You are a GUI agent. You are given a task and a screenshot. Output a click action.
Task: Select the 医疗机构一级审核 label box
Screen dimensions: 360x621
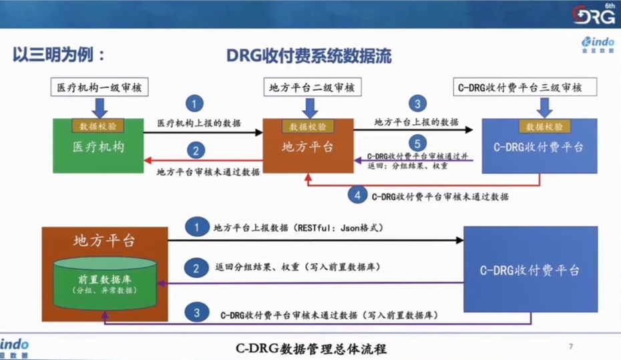click(x=99, y=87)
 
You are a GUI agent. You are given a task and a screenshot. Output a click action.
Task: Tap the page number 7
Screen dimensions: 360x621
click(x=571, y=347)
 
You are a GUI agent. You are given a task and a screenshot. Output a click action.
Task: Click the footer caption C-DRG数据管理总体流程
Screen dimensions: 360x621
click(x=311, y=349)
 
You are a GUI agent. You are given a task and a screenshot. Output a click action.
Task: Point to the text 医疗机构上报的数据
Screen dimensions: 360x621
click(x=199, y=123)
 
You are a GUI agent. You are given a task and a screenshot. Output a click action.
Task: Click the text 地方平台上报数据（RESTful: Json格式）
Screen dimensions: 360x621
click(x=298, y=228)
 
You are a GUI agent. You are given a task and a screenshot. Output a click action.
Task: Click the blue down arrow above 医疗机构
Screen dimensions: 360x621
click(x=99, y=107)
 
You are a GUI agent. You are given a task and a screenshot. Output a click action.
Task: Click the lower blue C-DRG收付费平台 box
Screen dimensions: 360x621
click(x=530, y=270)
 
